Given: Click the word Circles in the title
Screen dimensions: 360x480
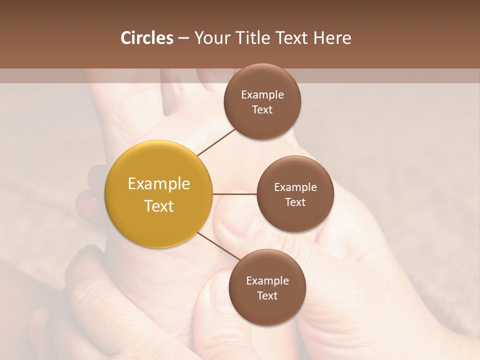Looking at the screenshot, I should click(x=146, y=38).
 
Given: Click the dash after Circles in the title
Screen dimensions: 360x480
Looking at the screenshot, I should click(x=183, y=38).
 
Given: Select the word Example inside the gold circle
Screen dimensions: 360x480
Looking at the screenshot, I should click(x=159, y=184).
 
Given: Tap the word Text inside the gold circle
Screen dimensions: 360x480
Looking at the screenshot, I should click(x=159, y=206).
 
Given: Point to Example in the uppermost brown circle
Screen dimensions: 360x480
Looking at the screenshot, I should click(x=262, y=95).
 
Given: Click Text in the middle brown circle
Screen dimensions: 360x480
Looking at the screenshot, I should click(x=295, y=202).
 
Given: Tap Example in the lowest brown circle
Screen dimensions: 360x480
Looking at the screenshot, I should click(x=267, y=281).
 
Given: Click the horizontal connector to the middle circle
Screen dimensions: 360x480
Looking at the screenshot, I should click(x=235, y=194).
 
